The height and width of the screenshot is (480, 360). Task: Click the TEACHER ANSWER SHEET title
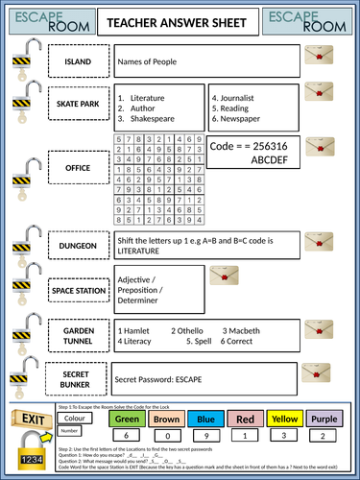180,21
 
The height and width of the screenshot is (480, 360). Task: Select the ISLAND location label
78,62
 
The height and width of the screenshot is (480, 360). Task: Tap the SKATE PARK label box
78,106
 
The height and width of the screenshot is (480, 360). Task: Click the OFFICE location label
78,167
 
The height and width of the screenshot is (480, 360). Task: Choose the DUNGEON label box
78,246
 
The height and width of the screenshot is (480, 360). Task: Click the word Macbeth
246,329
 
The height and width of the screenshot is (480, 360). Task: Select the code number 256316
275,146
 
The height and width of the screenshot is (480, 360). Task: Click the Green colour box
127,419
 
